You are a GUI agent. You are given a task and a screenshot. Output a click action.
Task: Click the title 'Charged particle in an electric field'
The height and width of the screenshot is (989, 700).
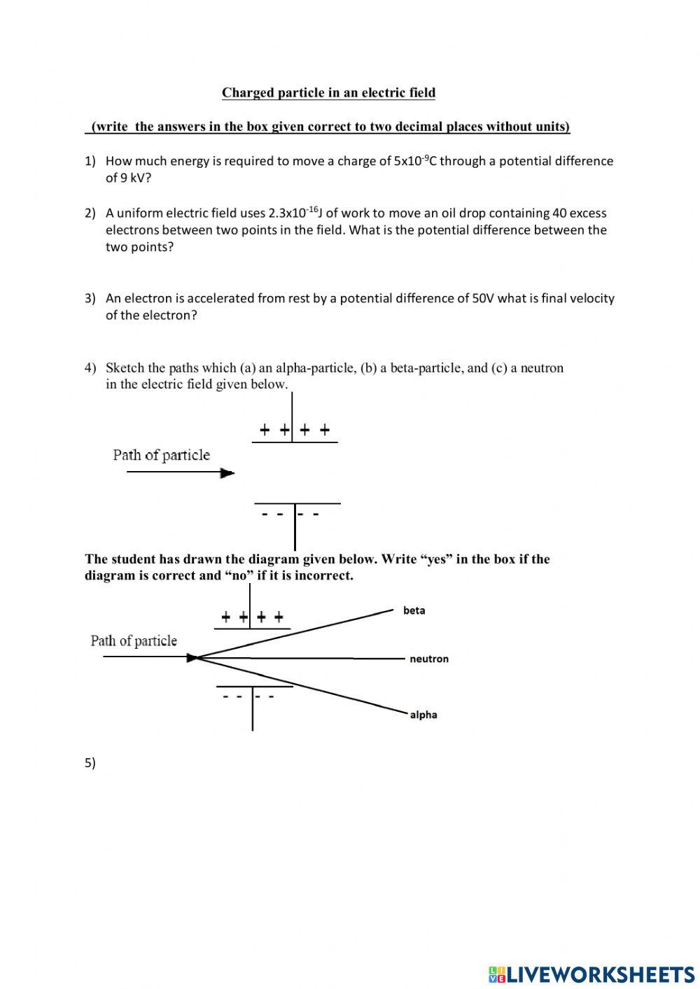tap(328, 92)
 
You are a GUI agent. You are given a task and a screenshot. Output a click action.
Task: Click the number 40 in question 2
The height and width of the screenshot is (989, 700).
tap(559, 213)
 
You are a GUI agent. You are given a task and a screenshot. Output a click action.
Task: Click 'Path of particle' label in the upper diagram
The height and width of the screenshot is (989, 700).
tap(161, 455)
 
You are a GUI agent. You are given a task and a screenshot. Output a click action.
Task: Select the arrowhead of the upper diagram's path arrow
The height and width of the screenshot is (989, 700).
tap(227, 473)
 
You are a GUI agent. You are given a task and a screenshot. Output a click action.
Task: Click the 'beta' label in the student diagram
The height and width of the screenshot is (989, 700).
tap(414, 610)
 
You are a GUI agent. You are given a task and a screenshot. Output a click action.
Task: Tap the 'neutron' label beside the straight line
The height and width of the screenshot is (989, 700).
tap(428, 659)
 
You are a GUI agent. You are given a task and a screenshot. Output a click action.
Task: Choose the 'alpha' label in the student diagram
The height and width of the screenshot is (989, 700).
tap(423, 715)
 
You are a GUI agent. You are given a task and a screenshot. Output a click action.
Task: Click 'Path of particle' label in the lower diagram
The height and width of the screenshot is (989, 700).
tap(134, 640)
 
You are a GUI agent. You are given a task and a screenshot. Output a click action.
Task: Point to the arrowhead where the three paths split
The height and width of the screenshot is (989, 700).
tap(192, 658)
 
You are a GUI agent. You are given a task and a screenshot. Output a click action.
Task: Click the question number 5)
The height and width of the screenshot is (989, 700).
tap(90, 763)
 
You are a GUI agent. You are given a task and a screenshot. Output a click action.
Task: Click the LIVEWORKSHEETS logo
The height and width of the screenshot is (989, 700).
tap(591, 974)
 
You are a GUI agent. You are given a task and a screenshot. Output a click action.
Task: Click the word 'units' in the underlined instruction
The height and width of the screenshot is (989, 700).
tap(551, 127)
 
